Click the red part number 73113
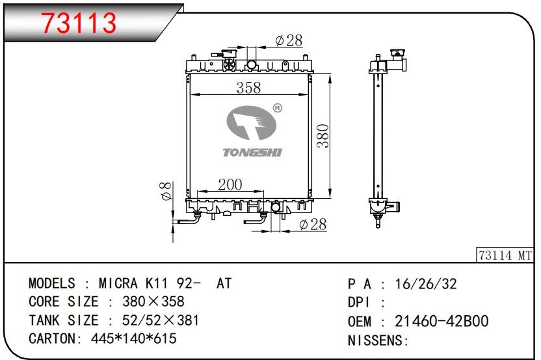click(x=79, y=23)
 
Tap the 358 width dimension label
click(x=248, y=88)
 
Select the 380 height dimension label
click(x=323, y=136)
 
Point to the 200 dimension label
click(x=230, y=185)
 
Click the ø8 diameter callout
click(x=166, y=191)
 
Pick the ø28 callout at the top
click(x=289, y=40)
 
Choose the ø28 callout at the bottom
click(x=313, y=224)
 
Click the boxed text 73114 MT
click(x=505, y=255)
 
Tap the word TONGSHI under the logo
click(x=252, y=152)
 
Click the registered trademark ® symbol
click(x=278, y=108)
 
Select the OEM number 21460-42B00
click(x=442, y=321)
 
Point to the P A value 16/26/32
click(x=426, y=284)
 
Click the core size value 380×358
click(x=153, y=302)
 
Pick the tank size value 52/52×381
click(x=161, y=320)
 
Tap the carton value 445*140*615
click(x=134, y=339)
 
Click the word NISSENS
click(x=376, y=341)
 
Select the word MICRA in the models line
click(x=118, y=283)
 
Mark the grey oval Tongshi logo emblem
click(x=252, y=123)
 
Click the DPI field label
click(x=359, y=302)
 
